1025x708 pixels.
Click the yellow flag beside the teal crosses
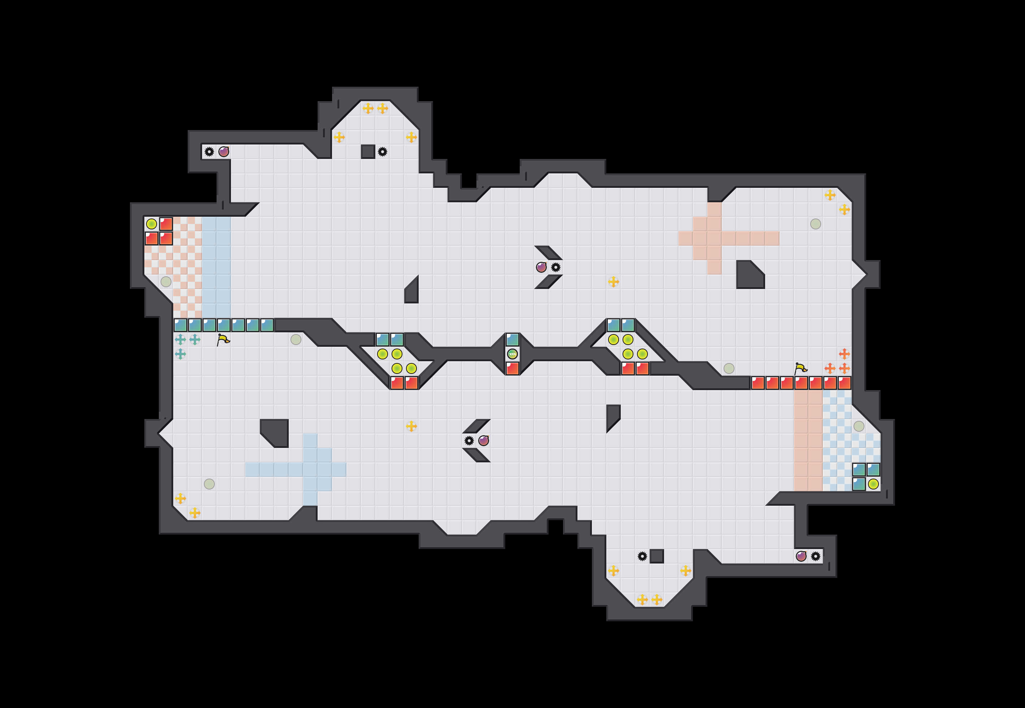223,340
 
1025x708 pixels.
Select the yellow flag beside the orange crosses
800,368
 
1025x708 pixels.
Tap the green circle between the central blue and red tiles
512,354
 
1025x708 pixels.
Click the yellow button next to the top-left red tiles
152,224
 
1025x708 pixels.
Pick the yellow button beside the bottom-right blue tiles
873,484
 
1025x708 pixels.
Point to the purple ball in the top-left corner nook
224,152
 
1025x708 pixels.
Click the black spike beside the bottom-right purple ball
815,556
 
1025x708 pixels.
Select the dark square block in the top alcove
368,152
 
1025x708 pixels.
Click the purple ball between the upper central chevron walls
541,267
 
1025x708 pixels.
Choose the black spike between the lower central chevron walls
469,440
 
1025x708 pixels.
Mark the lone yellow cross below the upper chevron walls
613,282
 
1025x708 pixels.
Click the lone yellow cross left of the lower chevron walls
411,426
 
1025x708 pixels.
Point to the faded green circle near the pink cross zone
815,224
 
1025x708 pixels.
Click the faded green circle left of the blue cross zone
209,484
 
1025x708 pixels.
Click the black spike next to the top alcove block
383,152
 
